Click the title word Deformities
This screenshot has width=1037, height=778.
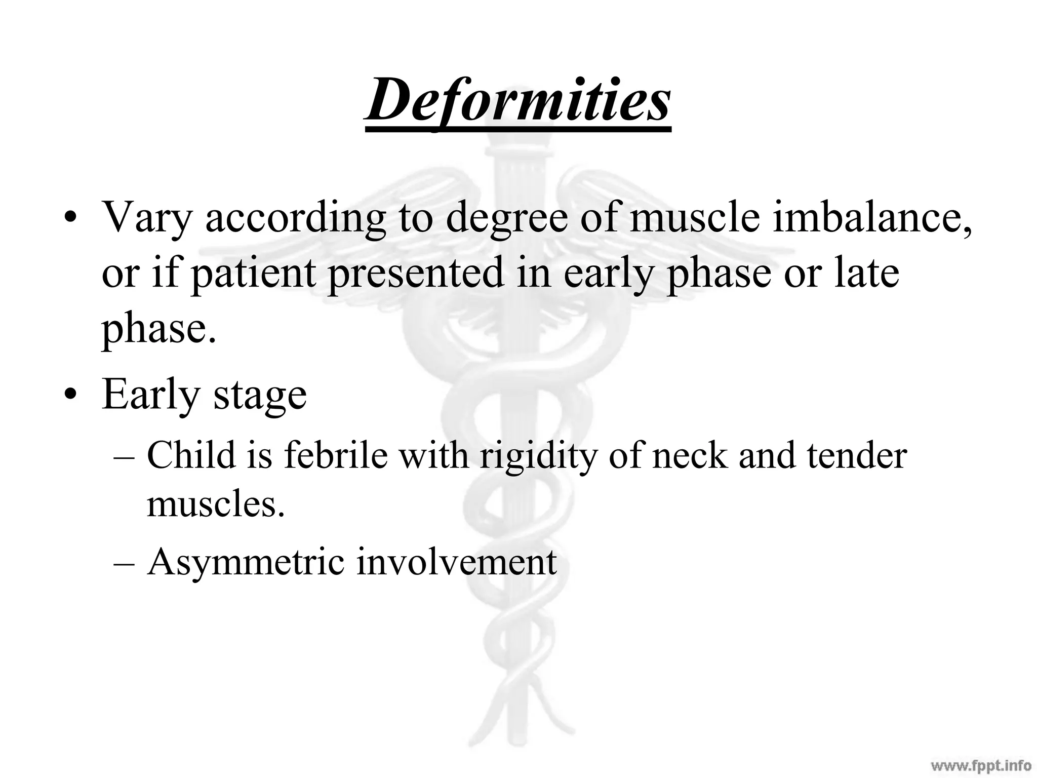(518, 100)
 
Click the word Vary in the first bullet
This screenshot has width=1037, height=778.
(147, 218)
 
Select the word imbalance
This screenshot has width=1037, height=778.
(871, 218)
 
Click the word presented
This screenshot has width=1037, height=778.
(416, 274)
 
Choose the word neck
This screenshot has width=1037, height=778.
(691, 454)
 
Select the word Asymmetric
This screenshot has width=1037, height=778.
(246, 562)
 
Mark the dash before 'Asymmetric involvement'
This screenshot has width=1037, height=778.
(124, 563)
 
